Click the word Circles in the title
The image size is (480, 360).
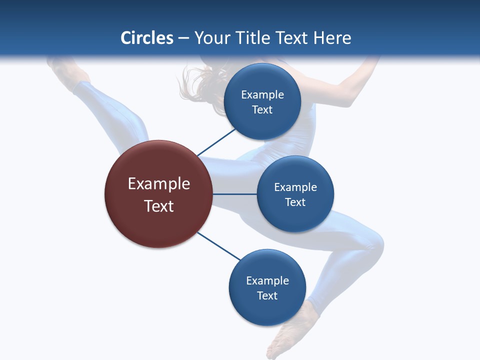[147, 37]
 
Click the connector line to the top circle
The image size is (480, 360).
[216, 142]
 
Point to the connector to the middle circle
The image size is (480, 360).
[234, 194]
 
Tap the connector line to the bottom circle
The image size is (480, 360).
[219, 246]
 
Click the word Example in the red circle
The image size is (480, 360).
[159, 183]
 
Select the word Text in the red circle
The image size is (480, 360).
[159, 206]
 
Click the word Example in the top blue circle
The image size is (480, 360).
[262, 94]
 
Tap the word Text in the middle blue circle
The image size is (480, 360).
[295, 202]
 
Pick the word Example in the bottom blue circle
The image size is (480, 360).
[267, 280]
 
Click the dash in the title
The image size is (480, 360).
[183, 38]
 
